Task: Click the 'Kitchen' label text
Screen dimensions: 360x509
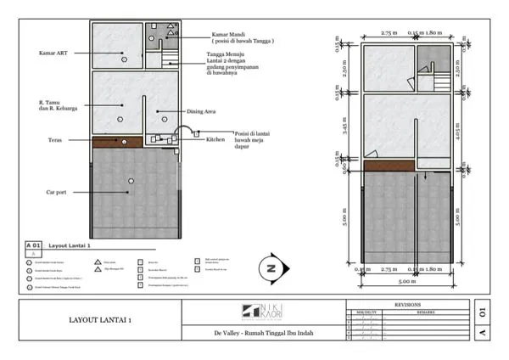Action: click(x=215, y=138)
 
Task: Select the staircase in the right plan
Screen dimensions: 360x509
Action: click(x=439, y=82)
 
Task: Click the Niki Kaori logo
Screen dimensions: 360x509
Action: click(x=264, y=312)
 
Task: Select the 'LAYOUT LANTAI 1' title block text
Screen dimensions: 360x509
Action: click(x=99, y=320)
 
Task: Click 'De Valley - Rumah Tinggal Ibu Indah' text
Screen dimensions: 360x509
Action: click(x=264, y=333)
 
